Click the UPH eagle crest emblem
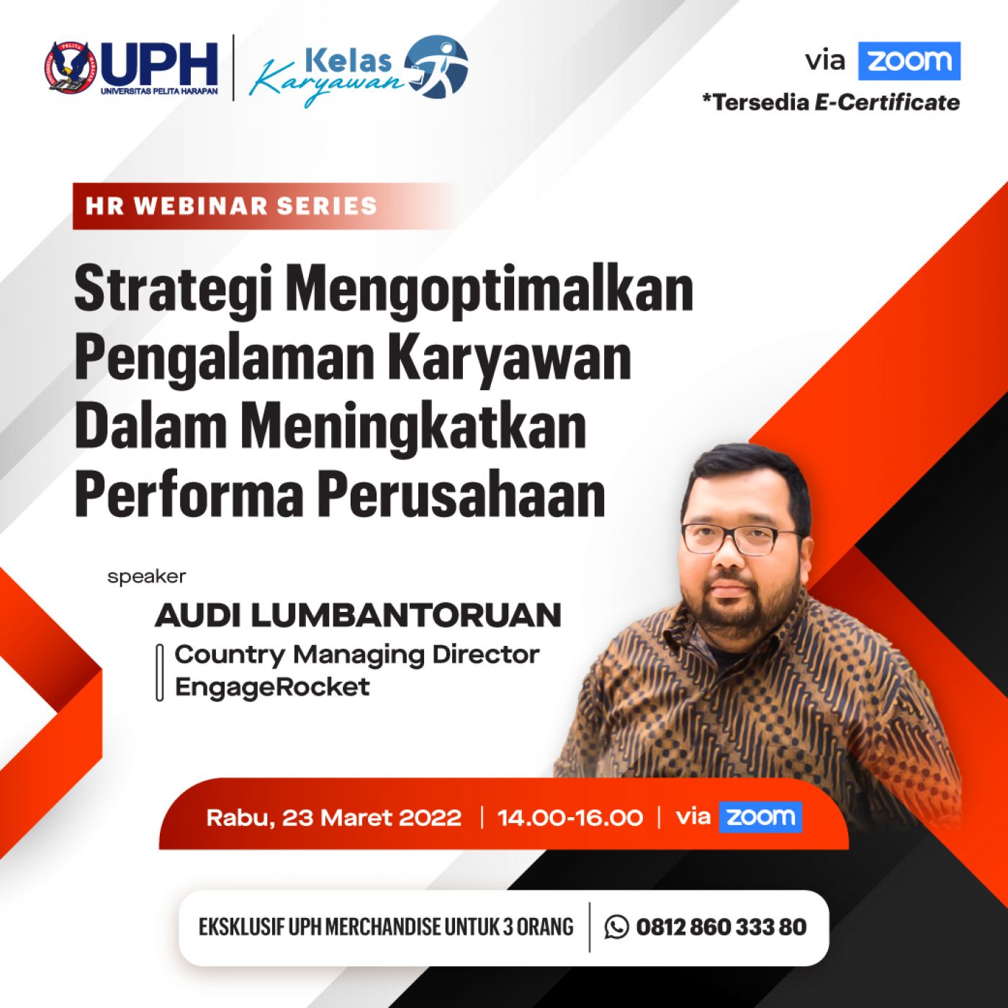(x=70, y=68)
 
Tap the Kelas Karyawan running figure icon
(x=437, y=67)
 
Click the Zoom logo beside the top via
(x=909, y=61)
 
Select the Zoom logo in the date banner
(x=760, y=816)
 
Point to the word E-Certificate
(x=887, y=102)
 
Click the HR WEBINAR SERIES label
(x=231, y=206)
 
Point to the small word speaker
(x=146, y=577)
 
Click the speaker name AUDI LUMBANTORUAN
(x=359, y=615)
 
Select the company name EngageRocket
(x=272, y=687)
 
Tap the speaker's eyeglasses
(x=742, y=539)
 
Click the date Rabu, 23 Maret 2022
(x=334, y=818)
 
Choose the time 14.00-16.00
(x=570, y=818)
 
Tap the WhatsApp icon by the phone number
(x=617, y=927)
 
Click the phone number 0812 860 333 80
(x=721, y=927)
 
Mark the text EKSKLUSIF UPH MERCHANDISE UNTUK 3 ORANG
(x=386, y=927)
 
